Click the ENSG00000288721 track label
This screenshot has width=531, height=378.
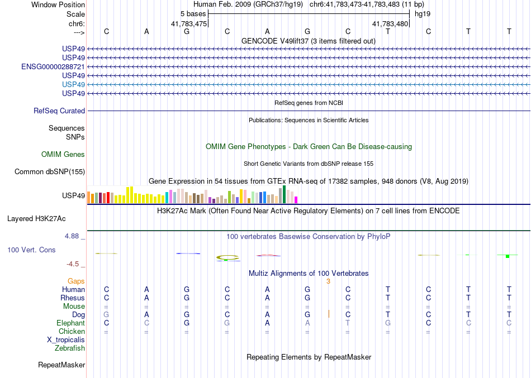coord(53,66)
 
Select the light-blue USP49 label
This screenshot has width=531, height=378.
coord(74,84)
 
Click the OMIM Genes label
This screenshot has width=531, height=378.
coord(63,155)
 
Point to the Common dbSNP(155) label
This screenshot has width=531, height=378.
coord(50,172)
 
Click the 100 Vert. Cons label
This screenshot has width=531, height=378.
coord(32,250)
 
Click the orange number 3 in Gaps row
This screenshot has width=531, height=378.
coord(329,281)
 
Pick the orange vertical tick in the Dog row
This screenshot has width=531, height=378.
coord(329,314)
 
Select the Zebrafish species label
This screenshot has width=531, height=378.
coord(70,348)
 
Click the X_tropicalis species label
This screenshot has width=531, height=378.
coord(66,340)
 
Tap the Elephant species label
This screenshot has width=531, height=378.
coord(71,323)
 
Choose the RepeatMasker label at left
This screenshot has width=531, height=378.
coord(61,365)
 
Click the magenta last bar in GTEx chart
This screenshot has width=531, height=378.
coord(296,199)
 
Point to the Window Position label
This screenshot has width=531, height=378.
coord(58,4)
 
